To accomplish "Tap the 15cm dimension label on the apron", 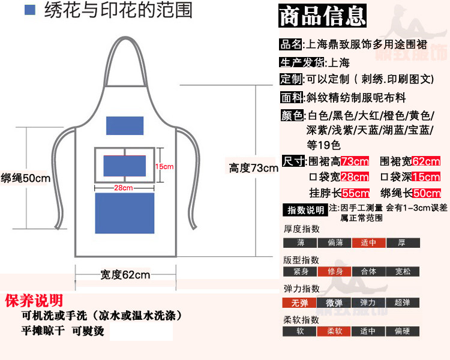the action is (x=164, y=166).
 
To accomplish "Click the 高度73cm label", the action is (x=253, y=168).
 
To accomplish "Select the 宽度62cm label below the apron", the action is (x=125, y=275).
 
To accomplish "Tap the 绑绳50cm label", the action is (x=25, y=178).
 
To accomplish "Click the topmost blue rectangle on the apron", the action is (x=125, y=125).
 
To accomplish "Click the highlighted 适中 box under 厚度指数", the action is (x=368, y=243).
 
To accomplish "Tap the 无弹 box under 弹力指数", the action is (x=300, y=303).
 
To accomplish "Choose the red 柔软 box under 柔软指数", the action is (x=334, y=331).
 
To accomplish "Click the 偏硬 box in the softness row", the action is (x=403, y=331).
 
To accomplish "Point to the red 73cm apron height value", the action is (x=354, y=161).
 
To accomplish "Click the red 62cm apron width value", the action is (x=426, y=161).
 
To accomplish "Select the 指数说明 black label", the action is (x=304, y=210).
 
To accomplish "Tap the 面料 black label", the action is (x=292, y=97).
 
